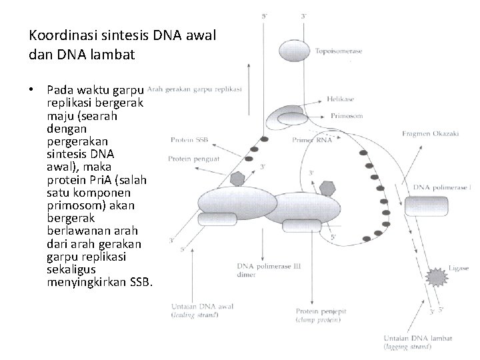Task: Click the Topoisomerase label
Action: click(x=339, y=52)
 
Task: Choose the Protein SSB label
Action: click(x=188, y=140)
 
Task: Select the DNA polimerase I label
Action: click(x=442, y=187)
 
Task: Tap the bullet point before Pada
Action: click(x=32, y=89)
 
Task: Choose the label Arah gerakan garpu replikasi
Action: click(x=195, y=88)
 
